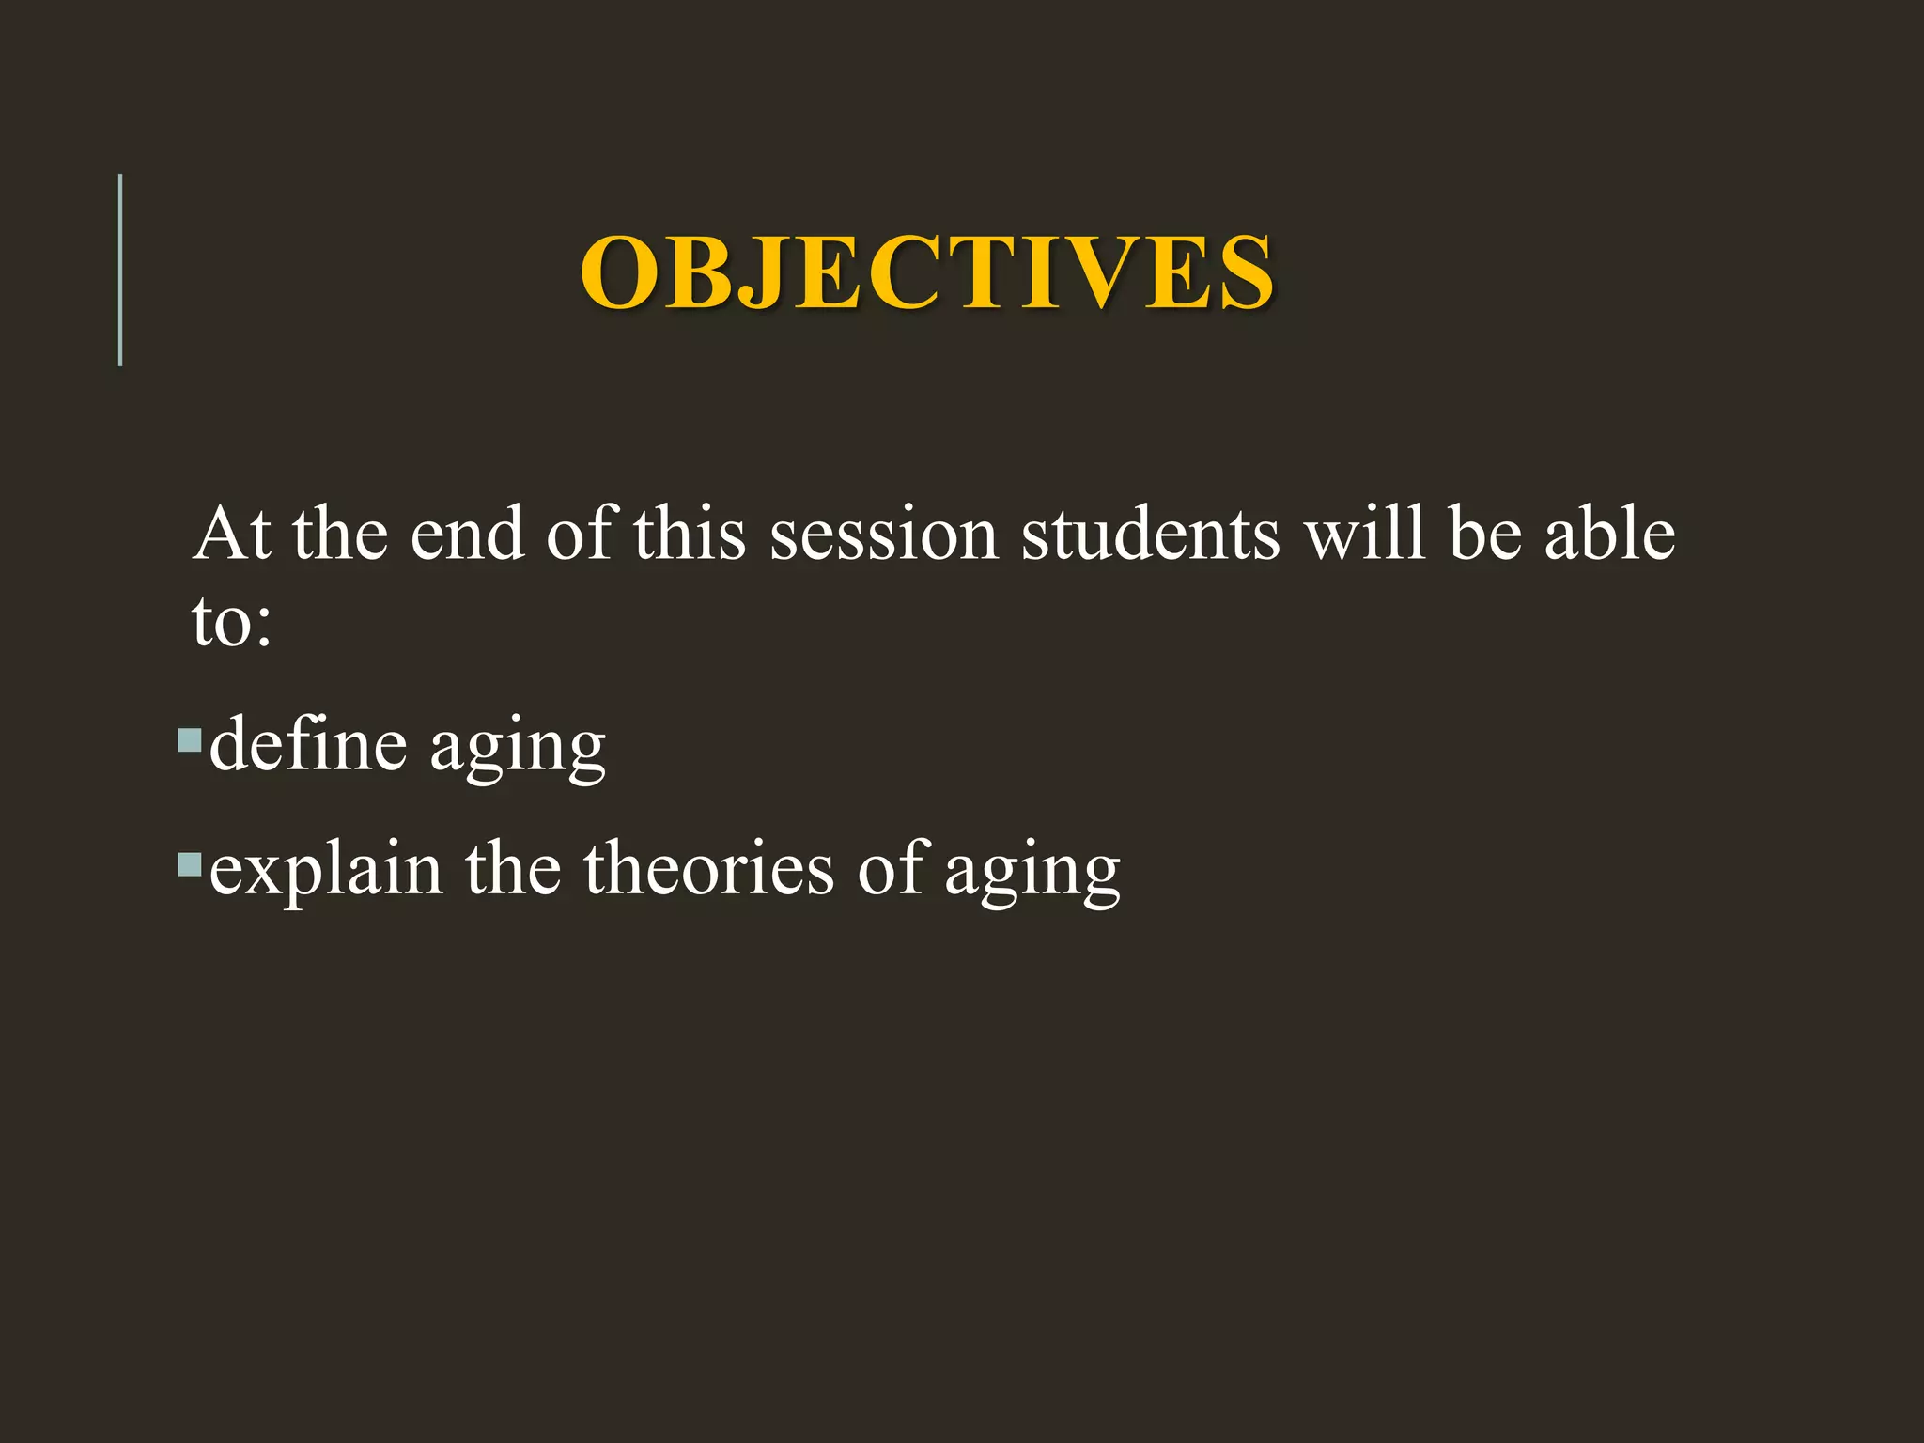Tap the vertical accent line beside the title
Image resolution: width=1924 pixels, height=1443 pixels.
click(x=120, y=271)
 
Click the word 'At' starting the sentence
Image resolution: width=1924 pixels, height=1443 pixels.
click(x=231, y=534)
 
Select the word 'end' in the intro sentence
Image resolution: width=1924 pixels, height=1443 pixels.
click(x=467, y=534)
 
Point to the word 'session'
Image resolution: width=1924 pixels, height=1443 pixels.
click(x=883, y=534)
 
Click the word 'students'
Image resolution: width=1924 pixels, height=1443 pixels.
click(x=1150, y=534)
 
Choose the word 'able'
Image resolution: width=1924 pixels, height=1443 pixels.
click(x=1609, y=534)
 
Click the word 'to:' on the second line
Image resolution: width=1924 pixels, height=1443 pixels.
click(x=231, y=622)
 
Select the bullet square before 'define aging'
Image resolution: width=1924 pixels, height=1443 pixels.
click(x=190, y=741)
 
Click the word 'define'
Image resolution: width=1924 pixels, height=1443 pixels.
click(x=308, y=745)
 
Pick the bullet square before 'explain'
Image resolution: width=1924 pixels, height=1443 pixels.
click(x=190, y=864)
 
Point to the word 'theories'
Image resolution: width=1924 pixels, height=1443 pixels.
click(x=708, y=868)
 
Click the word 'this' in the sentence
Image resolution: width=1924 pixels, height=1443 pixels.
click(x=690, y=534)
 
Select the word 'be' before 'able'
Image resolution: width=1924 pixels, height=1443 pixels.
click(x=1484, y=534)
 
